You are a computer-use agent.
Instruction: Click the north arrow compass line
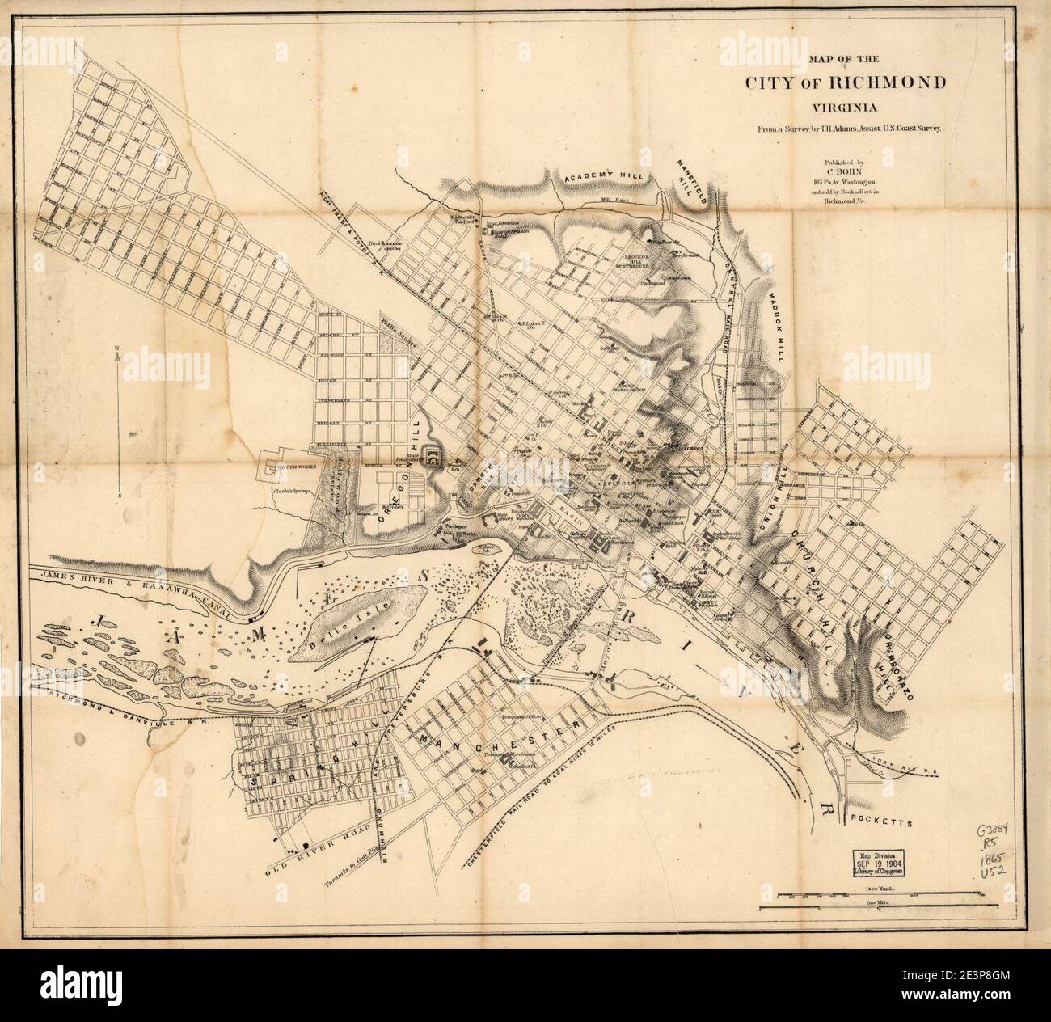click(x=119, y=420)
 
